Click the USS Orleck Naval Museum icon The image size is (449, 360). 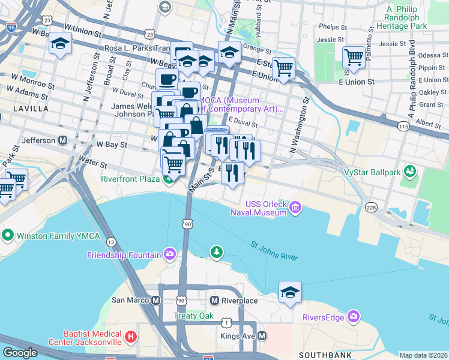click(x=295, y=208)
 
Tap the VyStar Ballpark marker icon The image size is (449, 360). click(x=411, y=172)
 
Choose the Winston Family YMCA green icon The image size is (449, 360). click(x=8, y=233)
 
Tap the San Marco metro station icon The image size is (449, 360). click(x=156, y=300)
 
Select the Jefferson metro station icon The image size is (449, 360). click(x=62, y=140)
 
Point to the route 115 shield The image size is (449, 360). click(x=403, y=125)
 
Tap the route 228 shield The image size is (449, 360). click(x=370, y=207)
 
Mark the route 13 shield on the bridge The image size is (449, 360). click(x=111, y=242)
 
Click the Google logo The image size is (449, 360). click(x=20, y=353)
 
